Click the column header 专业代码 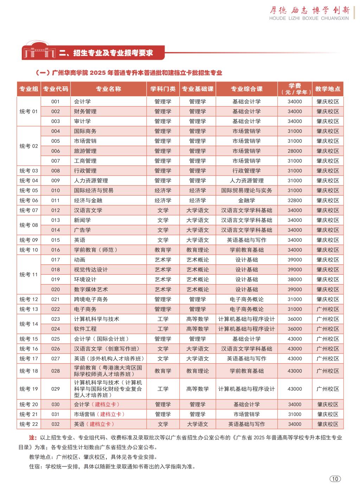pos(56,89)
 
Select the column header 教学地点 pos(328,89)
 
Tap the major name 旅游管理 pos(85,151)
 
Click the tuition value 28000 pos(295,151)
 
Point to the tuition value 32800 pos(295,200)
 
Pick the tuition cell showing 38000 pos(295,280)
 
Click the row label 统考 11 pos(28,275)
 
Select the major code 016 pos(56,250)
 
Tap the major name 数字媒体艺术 pos(91,289)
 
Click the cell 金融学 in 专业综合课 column pos(246,200)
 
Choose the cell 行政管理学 pos(246,171)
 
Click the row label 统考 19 pos(28,389)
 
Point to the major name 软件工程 pos(85,329)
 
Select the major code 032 pos(56,424)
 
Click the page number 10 pos(335,479)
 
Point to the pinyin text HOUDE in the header pos(278,18)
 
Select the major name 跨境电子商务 pos(91,299)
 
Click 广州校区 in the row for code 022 pos(328,309)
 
